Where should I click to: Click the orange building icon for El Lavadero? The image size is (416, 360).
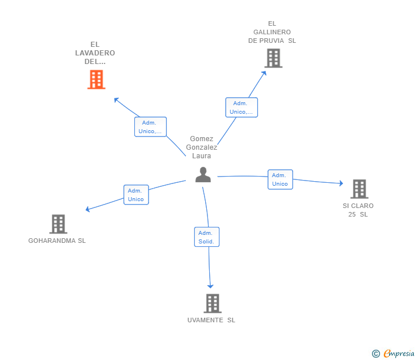[96, 79]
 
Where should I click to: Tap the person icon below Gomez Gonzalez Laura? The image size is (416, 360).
[203, 174]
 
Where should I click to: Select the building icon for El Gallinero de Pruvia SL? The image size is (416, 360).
[273, 58]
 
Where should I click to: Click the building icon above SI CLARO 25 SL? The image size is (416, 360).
[359, 189]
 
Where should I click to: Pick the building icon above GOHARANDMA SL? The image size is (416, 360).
[58, 224]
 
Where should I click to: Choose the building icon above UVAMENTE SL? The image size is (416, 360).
[212, 303]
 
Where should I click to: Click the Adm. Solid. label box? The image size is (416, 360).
[206, 237]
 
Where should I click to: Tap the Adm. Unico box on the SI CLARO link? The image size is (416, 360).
[280, 179]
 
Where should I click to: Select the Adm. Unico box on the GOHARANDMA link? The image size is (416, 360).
[136, 195]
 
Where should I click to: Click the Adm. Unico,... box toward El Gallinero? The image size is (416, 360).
[242, 107]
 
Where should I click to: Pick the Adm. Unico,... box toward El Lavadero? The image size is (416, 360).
[150, 127]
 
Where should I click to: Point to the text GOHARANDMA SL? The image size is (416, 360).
[57, 241]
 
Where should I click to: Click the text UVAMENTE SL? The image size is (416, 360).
[211, 320]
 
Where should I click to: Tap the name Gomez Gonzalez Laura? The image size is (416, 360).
[202, 147]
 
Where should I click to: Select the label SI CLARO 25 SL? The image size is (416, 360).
[358, 210]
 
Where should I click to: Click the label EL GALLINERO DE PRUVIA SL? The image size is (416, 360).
[272, 32]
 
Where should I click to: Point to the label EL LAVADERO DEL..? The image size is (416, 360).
[95, 53]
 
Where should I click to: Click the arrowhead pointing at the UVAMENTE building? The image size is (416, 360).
[210, 286]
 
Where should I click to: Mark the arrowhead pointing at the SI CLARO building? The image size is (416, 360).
[341, 183]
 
